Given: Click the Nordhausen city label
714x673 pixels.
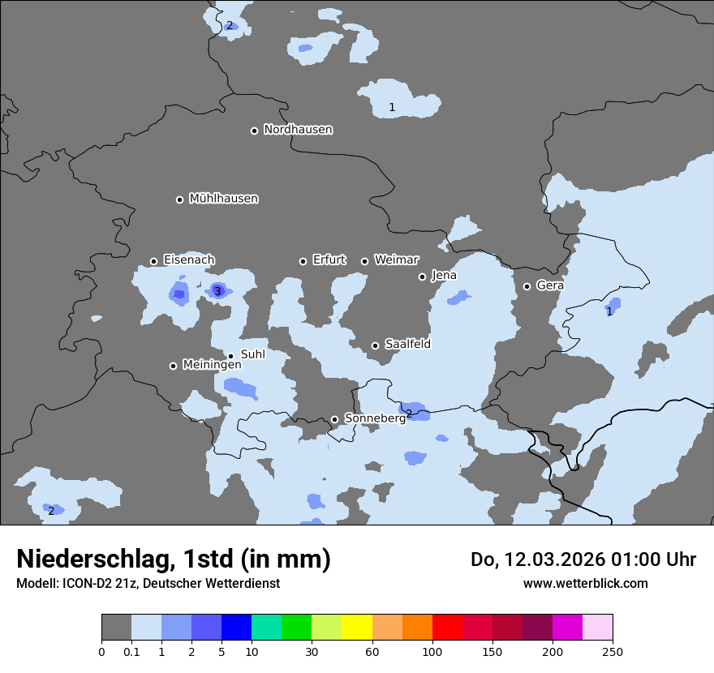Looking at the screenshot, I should tap(298, 130).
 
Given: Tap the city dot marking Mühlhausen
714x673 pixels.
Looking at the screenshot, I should tap(179, 199).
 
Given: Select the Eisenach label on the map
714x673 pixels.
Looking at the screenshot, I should tap(189, 260).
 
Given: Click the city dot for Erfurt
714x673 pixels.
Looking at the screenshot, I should tap(303, 261).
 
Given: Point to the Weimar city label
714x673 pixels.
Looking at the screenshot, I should tap(396, 260).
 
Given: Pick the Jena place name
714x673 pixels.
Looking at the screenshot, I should tap(444, 276).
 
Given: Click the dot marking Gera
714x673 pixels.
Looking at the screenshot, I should tap(527, 286).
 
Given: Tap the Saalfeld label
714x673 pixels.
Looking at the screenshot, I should tap(407, 345).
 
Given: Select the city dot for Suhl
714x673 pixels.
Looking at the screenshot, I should tap(230, 356).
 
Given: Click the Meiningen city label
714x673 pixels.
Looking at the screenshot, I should tap(212, 365).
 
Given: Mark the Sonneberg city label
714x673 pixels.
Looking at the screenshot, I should tap(375, 418).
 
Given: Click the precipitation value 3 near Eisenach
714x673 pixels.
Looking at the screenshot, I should tap(217, 292).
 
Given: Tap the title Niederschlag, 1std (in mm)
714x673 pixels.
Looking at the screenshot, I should tap(174, 559).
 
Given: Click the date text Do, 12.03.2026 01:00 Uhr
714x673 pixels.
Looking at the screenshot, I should tap(583, 559).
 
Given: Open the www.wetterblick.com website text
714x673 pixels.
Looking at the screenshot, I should tap(585, 583).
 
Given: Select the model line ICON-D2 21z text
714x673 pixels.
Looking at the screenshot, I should tap(148, 583).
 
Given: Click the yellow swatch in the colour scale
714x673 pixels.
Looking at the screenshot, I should tap(357, 628).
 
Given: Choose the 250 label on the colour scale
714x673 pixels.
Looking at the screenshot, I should tap(613, 651).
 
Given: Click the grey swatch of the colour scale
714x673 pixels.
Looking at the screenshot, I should tap(116, 628).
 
